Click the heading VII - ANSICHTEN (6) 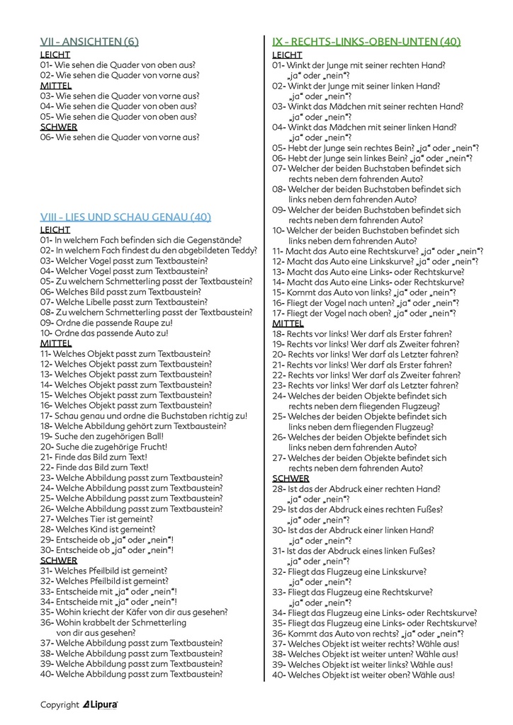point(89,42)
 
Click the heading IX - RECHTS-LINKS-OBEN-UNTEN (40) point(366,42)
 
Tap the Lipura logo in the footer point(101,704)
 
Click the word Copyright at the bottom point(60,704)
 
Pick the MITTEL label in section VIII point(56,343)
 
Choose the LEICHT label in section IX point(287,55)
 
